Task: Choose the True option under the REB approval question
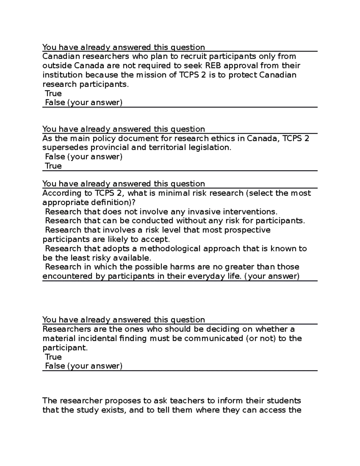(53, 93)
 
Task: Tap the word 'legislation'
(210, 148)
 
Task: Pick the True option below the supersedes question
(53, 166)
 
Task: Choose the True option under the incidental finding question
(53, 357)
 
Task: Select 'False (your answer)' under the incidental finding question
(83, 366)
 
